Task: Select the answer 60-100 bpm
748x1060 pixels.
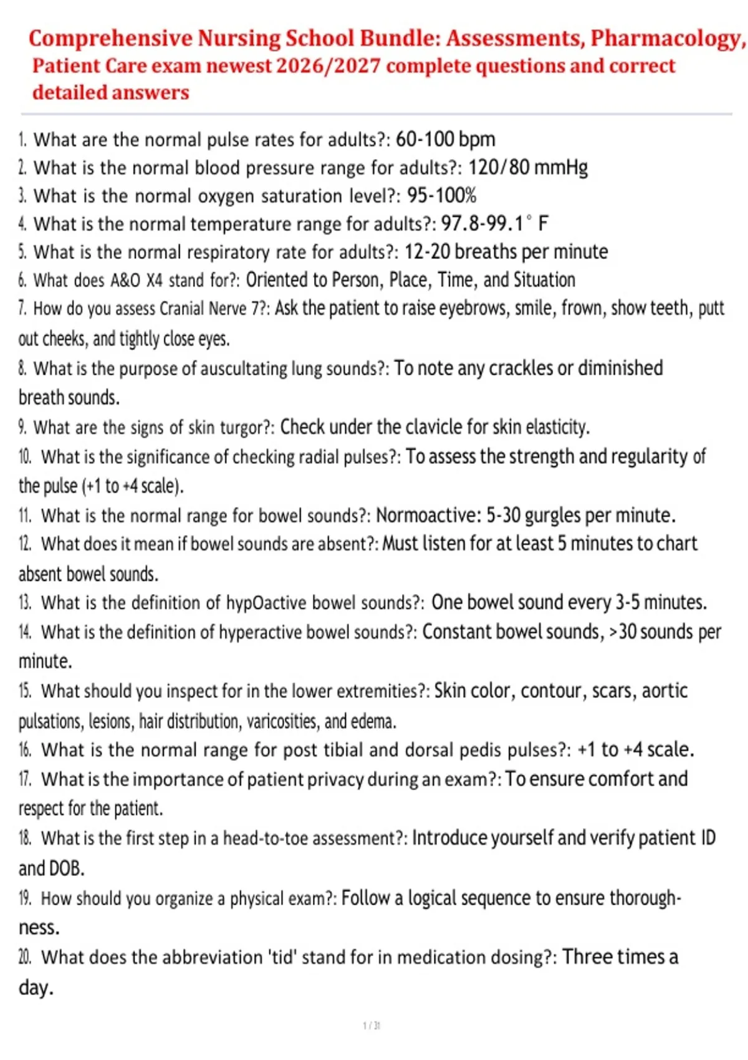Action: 445,139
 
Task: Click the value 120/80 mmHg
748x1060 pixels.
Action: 527,167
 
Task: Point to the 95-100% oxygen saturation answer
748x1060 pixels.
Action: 441,195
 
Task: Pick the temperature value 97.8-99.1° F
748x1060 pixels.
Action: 494,223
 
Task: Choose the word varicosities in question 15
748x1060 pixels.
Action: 282,721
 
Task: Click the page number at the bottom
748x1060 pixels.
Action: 372,1026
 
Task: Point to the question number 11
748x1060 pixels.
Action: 25,516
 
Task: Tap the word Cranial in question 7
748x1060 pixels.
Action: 181,309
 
